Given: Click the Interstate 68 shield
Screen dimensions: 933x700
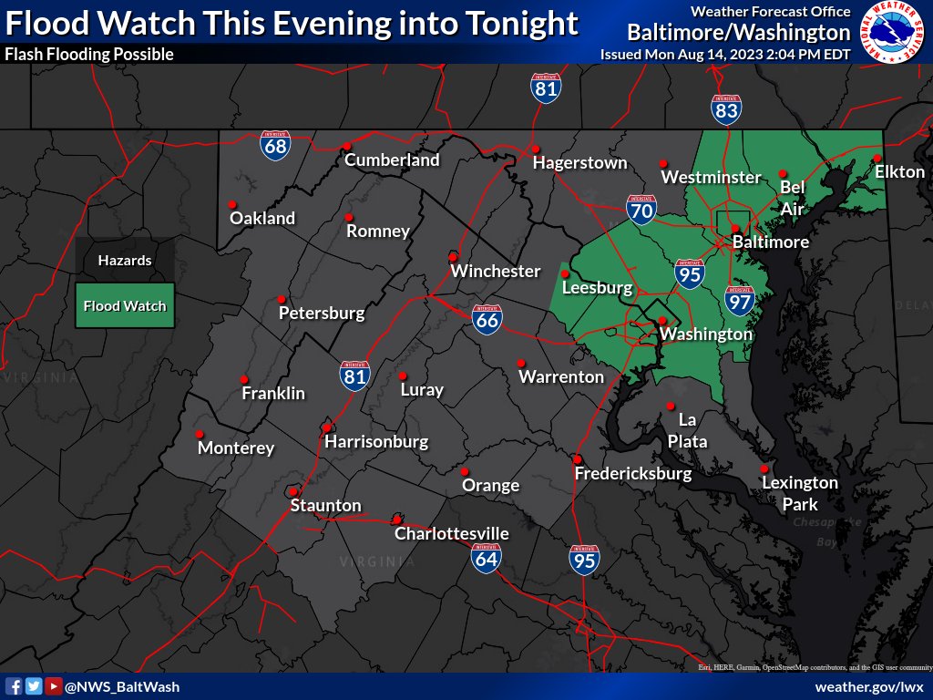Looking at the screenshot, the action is pyautogui.click(x=274, y=146).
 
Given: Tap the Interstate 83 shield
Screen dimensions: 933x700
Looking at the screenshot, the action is pyautogui.click(x=726, y=109).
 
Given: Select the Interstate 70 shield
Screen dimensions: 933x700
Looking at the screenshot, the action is pyautogui.click(x=641, y=210).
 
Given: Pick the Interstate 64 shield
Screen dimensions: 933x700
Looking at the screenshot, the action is pyautogui.click(x=487, y=557).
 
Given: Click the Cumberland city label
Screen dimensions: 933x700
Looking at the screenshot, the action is pyautogui.click(x=392, y=160).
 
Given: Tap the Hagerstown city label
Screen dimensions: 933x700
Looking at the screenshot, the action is pyautogui.click(x=579, y=163).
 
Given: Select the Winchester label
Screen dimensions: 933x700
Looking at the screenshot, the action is pyautogui.click(x=496, y=272).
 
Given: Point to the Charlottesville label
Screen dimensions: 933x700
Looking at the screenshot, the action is pyautogui.click(x=451, y=534).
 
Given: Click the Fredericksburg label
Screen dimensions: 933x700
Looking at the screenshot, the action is pyautogui.click(x=632, y=474).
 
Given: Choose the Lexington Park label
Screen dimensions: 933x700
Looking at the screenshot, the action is pyautogui.click(x=799, y=493).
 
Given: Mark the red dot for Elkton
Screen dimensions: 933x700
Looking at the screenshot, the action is pyautogui.click(x=877, y=158).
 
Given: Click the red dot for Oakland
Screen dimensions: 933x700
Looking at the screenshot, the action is pyautogui.click(x=232, y=204).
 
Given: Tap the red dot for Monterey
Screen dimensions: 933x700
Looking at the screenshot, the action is pyautogui.click(x=200, y=434).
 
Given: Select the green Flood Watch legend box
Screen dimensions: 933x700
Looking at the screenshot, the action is pyautogui.click(x=125, y=306).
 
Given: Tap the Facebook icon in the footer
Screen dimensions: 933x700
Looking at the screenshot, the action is pyautogui.click(x=14, y=686).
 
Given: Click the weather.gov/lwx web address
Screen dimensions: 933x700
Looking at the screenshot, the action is pyautogui.click(x=869, y=686).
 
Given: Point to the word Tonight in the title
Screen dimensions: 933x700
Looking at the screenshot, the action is pyautogui.click(x=518, y=23).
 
